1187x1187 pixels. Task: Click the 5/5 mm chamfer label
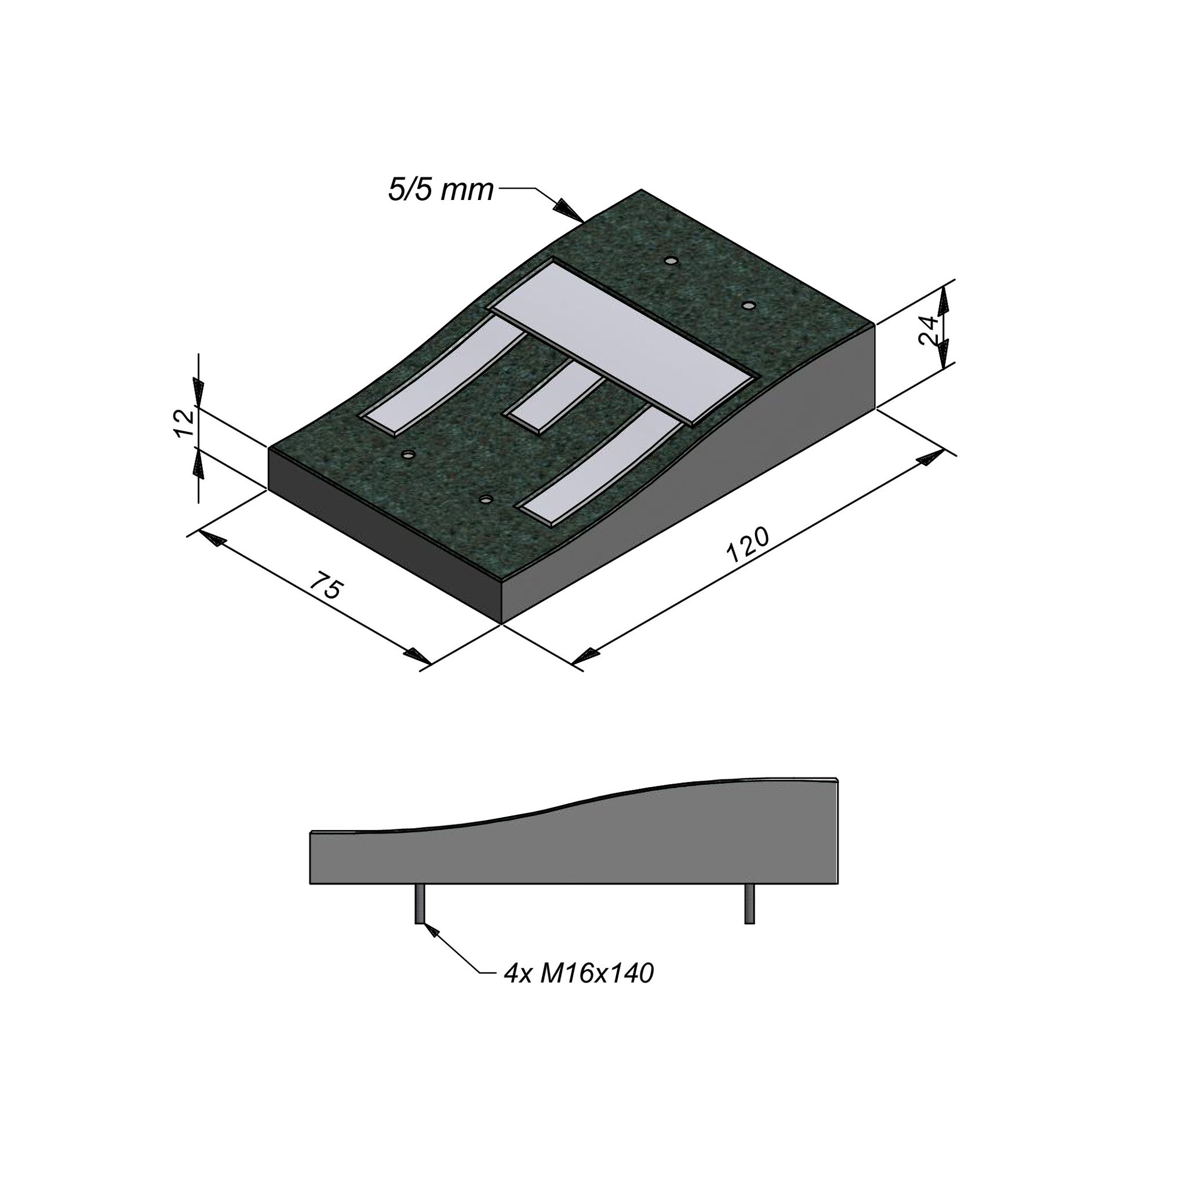click(440, 190)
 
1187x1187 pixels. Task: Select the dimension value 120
click(748, 545)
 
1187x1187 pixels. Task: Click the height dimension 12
click(184, 423)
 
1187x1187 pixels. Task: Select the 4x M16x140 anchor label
click(578, 974)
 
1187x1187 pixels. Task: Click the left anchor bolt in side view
click(420, 904)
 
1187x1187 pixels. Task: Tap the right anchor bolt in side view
click(749, 904)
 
